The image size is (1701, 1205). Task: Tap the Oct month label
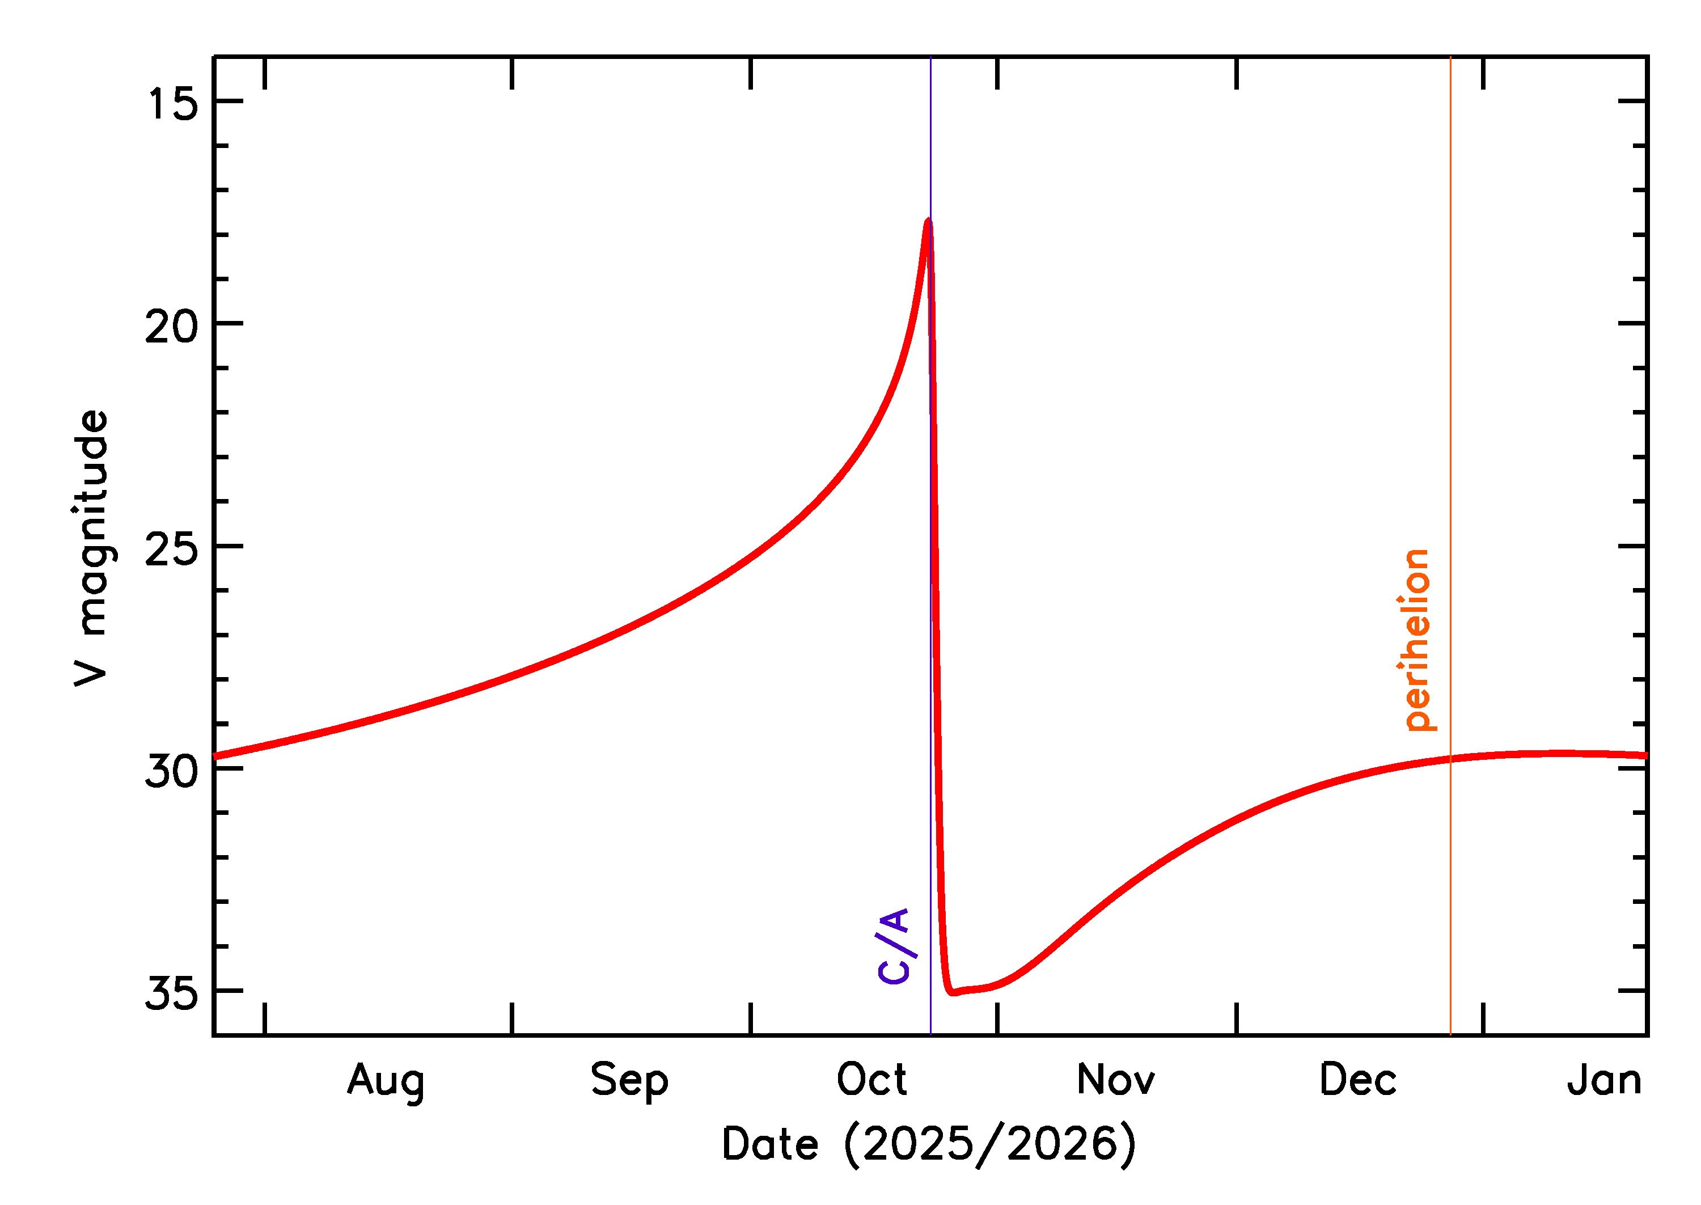[x=871, y=1080]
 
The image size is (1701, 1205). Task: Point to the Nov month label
[x=1116, y=1080]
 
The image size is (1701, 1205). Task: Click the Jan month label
[x=1604, y=1080]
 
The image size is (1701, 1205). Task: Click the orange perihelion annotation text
[x=1417, y=640]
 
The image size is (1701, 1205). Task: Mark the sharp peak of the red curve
[x=928, y=221]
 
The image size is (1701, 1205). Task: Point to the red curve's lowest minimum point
[x=953, y=992]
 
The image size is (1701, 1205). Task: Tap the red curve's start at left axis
[x=215, y=756]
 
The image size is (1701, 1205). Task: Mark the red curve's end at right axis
[x=1645, y=755]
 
